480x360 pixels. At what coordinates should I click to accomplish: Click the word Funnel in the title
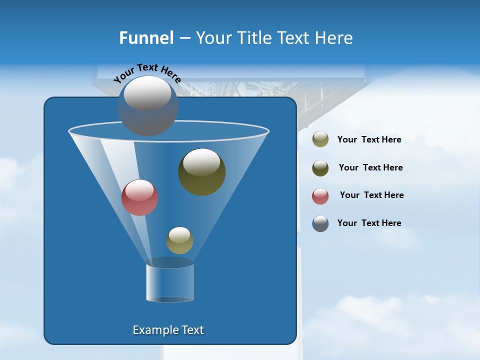click(x=146, y=38)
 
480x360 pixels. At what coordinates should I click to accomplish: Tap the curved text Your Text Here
click(x=147, y=73)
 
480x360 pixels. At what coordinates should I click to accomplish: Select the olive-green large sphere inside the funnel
click(x=201, y=172)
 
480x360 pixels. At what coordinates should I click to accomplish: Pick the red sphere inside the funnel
click(x=139, y=197)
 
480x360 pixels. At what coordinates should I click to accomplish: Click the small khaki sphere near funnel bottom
click(x=179, y=240)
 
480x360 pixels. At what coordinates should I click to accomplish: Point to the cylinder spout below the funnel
click(x=169, y=282)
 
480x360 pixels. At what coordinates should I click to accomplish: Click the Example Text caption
click(x=168, y=330)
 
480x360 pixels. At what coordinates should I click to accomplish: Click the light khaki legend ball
click(x=320, y=139)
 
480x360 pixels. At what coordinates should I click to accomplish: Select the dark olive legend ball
click(x=320, y=168)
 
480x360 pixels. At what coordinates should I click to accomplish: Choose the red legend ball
click(x=320, y=196)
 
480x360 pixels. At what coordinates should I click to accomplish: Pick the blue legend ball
click(x=320, y=223)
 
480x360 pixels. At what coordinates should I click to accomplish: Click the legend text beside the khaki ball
click(x=369, y=140)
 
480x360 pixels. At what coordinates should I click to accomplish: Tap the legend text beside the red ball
click(x=371, y=195)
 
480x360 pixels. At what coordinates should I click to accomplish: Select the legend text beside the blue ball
click(x=369, y=223)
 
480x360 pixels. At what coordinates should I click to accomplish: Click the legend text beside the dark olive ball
click(x=370, y=167)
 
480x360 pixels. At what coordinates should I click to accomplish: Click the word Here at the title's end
click(x=334, y=38)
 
